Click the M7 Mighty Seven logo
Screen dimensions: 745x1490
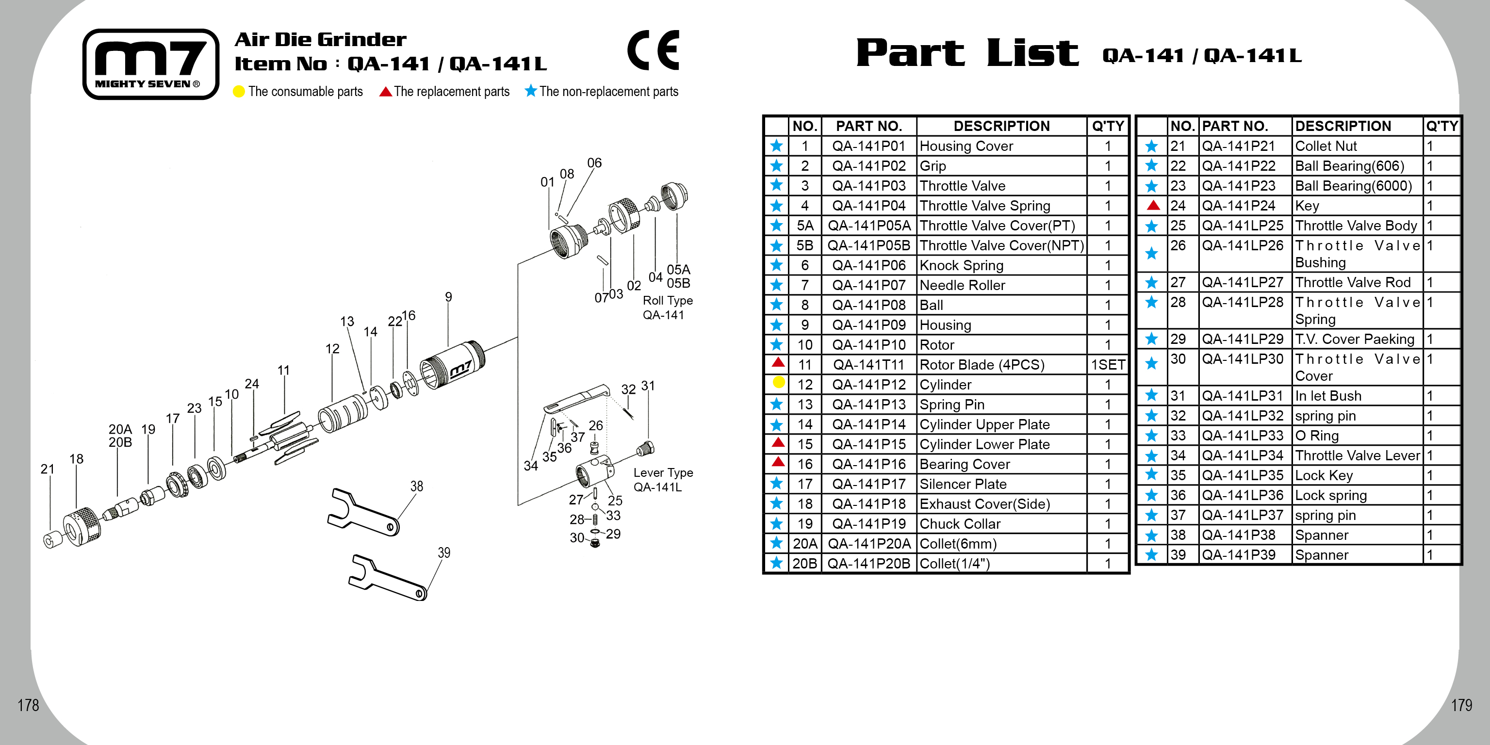pyautogui.click(x=151, y=64)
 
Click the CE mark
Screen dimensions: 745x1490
pyautogui.click(x=653, y=50)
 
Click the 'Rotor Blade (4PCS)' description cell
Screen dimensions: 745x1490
pyautogui.click(x=982, y=365)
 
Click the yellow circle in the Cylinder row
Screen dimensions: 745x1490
pyautogui.click(x=778, y=382)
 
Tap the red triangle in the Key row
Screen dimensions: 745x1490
pyautogui.click(x=1153, y=205)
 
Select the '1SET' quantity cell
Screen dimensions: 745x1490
pyautogui.click(x=1107, y=365)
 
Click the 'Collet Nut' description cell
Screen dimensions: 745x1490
pyautogui.click(x=1325, y=146)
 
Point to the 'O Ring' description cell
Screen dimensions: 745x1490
pyautogui.click(x=1316, y=436)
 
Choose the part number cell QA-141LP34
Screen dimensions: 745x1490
pyautogui.click(x=1242, y=456)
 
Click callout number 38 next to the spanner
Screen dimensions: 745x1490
pyautogui.click(x=416, y=486)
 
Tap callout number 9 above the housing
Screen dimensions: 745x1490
pyautogui.click(x=448, y=297)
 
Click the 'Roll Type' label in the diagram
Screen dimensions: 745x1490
pyautogui.click(x=668, y=301)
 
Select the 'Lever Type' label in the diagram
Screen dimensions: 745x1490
pyautogui.click(x=663, y=472)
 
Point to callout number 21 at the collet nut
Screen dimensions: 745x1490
pyautogui.click(x=48, y=469)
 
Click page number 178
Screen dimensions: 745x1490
pyautogui.click(x=28, y=705)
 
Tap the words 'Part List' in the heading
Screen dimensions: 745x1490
pyautogui.click(x=966, y=53)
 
